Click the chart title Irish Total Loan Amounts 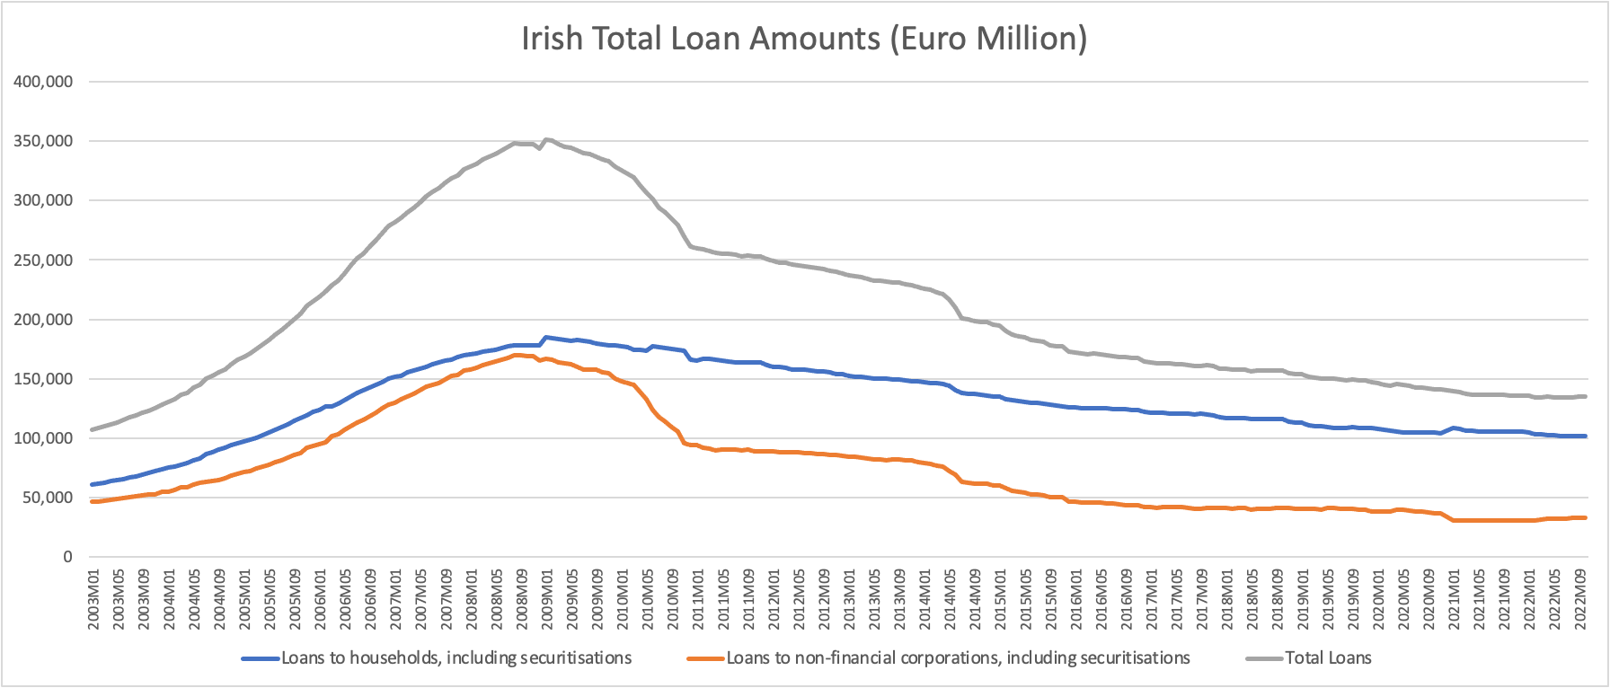coord(804,39)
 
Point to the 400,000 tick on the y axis coord(43,82)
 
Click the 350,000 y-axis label coord(43,141)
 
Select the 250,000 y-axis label coord(43,260)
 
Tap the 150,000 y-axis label coord(43,378)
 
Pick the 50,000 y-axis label coord(48,498)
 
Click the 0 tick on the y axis coord(67,557)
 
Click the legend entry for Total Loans coord(1328,658)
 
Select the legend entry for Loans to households coord(456,658)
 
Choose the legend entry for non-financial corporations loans coord(958,658)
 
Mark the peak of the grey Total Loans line coord(547,139)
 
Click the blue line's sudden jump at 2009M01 coord(545,338)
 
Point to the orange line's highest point coord(516,355)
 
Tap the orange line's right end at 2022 coord(1586,517)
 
